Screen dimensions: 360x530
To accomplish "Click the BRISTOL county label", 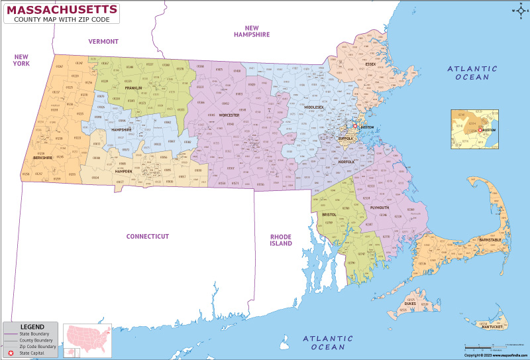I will (329, 215).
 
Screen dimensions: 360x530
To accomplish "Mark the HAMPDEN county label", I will (124, 171).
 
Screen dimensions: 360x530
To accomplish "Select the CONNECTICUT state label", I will (148, 236).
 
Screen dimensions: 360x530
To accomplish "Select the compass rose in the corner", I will (517, 10).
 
